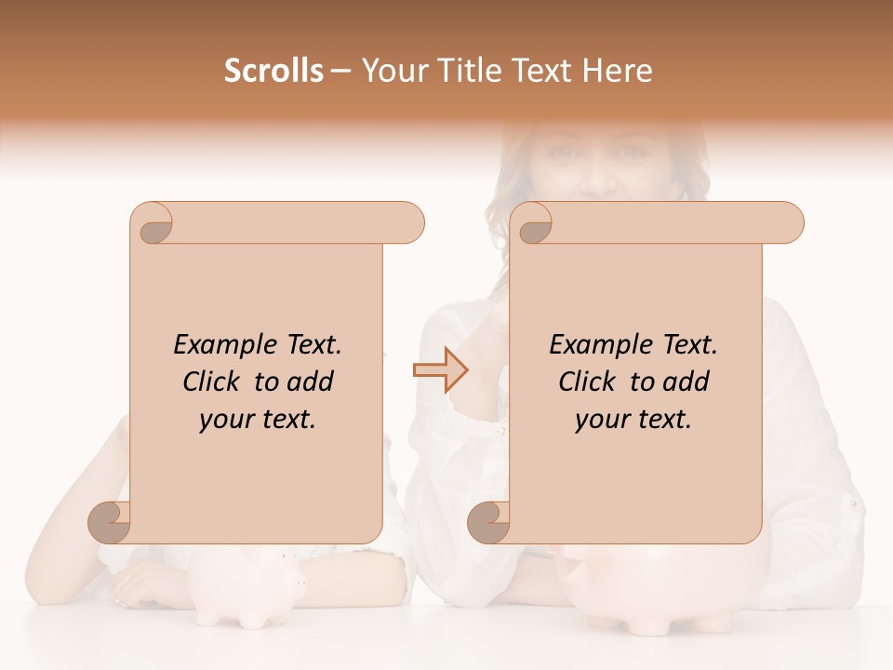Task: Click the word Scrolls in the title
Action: pos(273,71)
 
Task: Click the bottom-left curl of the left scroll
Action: pos(110,522)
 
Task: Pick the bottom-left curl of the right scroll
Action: pos(489,522)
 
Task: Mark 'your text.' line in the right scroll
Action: pos(633,420)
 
